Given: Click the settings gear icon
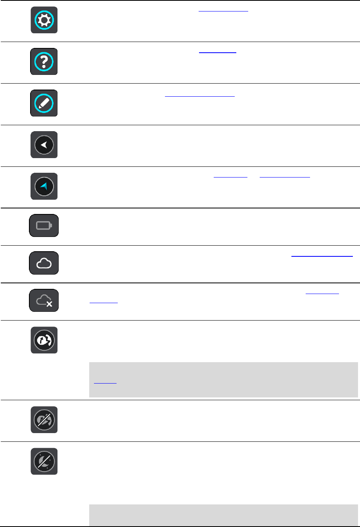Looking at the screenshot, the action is pos(44,20).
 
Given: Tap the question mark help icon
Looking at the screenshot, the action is pos(44,62).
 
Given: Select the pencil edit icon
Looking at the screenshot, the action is pos(44,103).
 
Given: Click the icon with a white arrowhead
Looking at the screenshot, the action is pos(44,145).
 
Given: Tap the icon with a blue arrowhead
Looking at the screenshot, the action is pos(44,186).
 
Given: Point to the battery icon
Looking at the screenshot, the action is pos(44,226).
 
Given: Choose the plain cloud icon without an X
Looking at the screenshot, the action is pos(44,263).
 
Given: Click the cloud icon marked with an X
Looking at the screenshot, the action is pos(44,301).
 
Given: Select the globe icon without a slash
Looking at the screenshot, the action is pos(44,340).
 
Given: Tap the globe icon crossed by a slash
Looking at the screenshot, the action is pos(44,420).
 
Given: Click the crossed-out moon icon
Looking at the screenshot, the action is pos(44,462).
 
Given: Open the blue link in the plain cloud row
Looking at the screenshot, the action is pos(322,256).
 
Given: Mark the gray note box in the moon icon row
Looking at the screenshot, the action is pos(223,514).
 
